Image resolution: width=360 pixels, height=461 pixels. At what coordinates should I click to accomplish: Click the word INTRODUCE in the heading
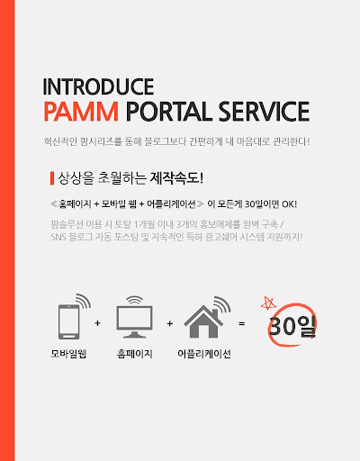pyautogui.click(x=98, y=86)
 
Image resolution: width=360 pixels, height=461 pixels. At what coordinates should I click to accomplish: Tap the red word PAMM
pyautogui.click(x=81, y=112)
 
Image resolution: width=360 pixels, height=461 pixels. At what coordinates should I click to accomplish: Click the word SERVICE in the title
pyautogui.click(x=264, y=112)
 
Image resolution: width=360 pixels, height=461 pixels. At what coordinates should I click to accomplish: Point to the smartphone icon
pyautogui.click(x=69, y=321)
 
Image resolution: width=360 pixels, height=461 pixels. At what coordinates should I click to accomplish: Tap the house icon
pyautogui.click(x=203, y=321)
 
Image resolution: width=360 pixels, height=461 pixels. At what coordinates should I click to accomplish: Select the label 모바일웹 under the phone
pyautogui.click(x=68, y=354)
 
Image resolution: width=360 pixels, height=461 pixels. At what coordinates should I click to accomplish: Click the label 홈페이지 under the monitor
pyautogui.click(x=135, y=354)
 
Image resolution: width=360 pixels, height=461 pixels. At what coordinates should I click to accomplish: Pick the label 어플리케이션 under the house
pyautogui.click(x=204, y=354)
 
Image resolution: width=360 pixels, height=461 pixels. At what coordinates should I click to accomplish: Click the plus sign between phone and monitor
pyautogui.click(x=97, y=323)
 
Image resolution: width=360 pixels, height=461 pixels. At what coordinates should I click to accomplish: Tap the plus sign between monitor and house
pyautogui.click(x=170, y=323)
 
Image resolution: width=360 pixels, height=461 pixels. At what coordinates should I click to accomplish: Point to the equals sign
pyautogui.click(x=242, y=323)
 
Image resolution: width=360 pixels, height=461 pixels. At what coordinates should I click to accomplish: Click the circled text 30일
pyautogui.click(x=292, y=326)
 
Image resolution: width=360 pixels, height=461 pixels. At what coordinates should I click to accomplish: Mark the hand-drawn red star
pyautogui.click(x=268, y=303)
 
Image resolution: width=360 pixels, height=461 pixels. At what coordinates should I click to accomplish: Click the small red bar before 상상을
pyautogui.click(x=52, y=178)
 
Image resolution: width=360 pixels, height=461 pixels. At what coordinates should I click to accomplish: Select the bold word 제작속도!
pyautogui.click(x=176, y=178)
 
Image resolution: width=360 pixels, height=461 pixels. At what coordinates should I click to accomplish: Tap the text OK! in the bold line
pyautogui.click(x=290, y=204)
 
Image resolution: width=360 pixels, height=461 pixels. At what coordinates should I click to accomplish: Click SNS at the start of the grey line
pyautogui.click(x=58, y=237)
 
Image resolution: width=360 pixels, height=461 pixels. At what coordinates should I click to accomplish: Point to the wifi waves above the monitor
pyautogui.click(x=135, y=300)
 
